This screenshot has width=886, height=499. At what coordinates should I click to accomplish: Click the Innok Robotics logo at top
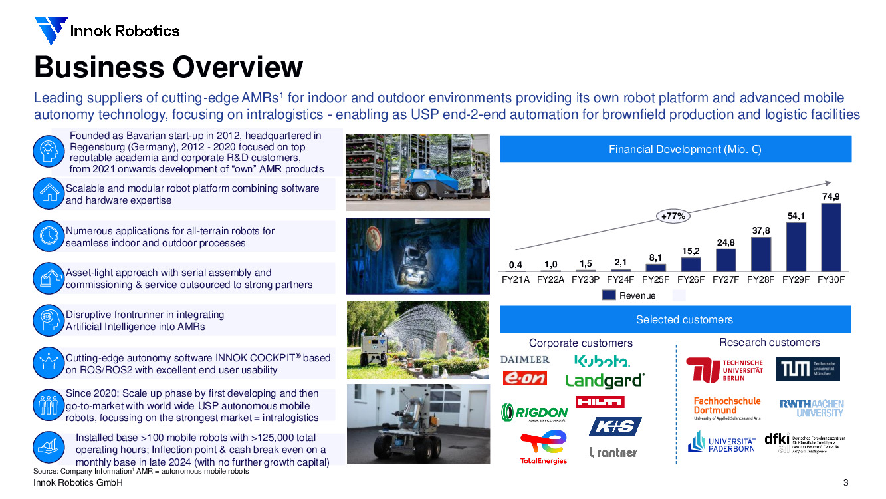pos(106,31)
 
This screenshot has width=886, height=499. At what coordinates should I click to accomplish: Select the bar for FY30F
pos(831,238)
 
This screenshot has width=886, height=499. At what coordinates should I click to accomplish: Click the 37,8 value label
pos(760,230)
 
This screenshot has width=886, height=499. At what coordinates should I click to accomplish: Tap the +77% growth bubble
pos(673,216)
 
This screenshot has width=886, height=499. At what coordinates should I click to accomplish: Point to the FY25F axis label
pos(655,280)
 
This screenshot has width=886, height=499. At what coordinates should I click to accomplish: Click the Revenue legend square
pos(609,295)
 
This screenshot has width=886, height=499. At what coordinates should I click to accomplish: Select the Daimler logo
pos(525,359)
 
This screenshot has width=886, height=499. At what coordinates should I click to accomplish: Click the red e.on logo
pos(524,378)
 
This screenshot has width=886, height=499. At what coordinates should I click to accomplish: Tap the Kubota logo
pos(602,361)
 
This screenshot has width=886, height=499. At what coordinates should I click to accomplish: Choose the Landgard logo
pos(604,381)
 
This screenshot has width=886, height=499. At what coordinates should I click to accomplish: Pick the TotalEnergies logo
pos(543,446)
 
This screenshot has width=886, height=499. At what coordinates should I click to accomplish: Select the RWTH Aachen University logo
pos(811,408)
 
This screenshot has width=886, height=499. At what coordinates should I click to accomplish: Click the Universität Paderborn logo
pos(721,442)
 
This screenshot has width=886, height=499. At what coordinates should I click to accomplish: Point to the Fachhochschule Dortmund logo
pos(726,409)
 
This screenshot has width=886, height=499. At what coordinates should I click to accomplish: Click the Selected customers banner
pos(675,319)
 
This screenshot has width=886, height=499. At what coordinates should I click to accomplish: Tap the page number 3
pos(845,483)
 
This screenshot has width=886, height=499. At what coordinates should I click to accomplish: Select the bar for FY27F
pos(726,260)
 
